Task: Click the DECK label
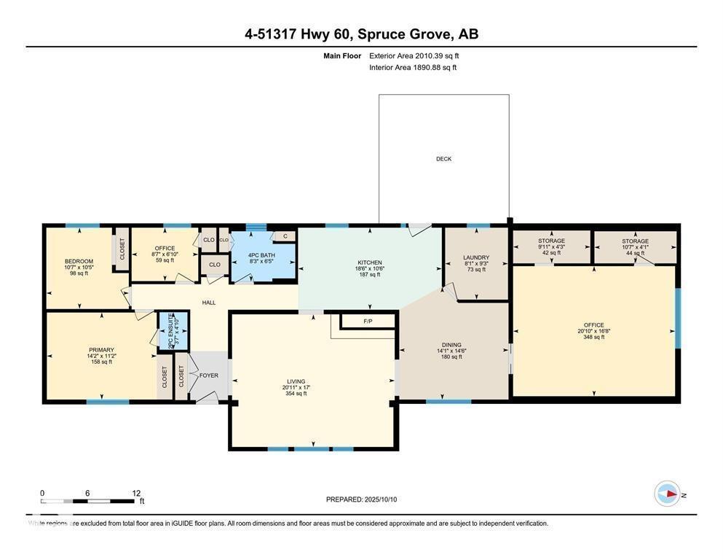[x=443, y=159]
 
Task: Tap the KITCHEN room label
[x=369, y=262]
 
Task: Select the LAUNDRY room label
[x=476, y=257]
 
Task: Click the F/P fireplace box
[x=368, y=321]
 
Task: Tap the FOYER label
[x=209, y=376]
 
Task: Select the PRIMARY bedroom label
[x=101, y=350]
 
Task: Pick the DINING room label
[x=452, y=345]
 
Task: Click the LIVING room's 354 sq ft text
[x=296, y=394]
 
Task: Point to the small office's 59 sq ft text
[x=165, y=260]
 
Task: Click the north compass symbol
[x=667, y=494]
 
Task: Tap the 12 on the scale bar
[x=135, y=493]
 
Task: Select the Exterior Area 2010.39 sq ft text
[x=414, y=55]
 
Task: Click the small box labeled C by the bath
[x=285, y=236]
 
